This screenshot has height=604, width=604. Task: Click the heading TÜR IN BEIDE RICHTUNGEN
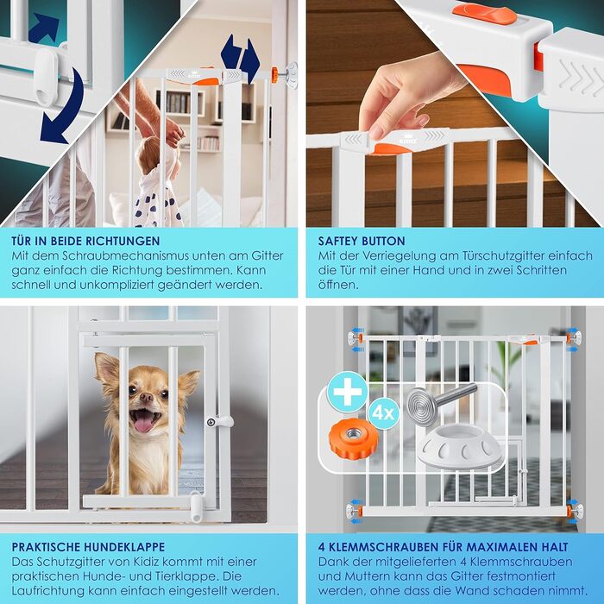coord(85,241)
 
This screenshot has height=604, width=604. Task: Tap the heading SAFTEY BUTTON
coord(362,241)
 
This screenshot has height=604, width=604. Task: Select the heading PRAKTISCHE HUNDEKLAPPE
coord(88,546)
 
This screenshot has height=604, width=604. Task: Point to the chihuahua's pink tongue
coord(143,423)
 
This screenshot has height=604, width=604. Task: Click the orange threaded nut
coord(353,438)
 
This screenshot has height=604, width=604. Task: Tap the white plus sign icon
coord(348,392)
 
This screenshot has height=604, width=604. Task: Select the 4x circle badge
coord(384,413)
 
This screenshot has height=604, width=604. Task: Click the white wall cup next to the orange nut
coord(460,446)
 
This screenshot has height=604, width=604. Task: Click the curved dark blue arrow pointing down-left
coord(64,109)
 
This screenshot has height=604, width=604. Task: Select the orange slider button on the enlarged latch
coord(484,14)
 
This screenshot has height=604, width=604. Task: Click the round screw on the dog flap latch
coord(211,422)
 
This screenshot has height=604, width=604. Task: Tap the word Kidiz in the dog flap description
coord(163,562)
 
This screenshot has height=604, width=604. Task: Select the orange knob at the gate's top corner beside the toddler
coord(274,74)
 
